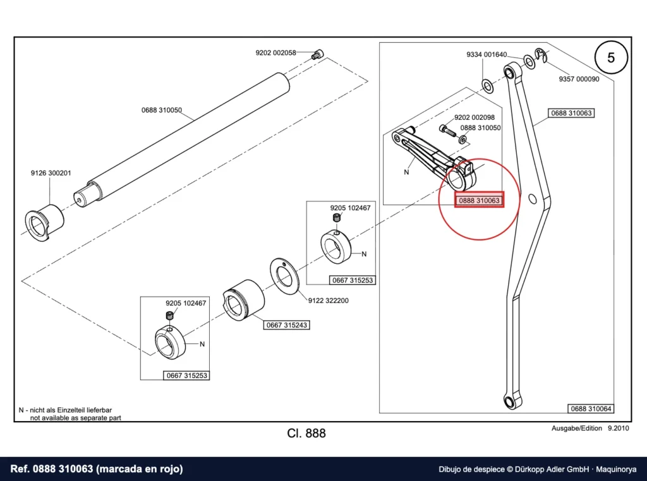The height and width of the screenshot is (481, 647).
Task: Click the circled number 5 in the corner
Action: click(611, 57)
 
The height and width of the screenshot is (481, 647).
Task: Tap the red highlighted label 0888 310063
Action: click(479, 200)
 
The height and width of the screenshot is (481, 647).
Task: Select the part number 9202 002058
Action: click(275, 53)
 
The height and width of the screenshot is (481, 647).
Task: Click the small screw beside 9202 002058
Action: click(318, 54)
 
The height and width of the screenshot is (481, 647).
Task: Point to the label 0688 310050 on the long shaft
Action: click(161, 110)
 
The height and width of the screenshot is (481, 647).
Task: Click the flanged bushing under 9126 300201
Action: click(44, 222)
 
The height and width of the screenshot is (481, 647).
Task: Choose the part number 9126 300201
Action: click(51, 173)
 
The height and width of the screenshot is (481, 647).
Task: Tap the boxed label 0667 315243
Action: click(286, 325)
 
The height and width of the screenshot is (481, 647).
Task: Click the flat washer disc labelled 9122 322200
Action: click(284, 277)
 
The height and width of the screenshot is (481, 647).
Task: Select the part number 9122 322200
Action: click(328, 301)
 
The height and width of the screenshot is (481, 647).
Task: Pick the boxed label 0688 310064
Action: click(591, 408)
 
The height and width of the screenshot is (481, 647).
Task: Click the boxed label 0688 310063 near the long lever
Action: click(571, 113)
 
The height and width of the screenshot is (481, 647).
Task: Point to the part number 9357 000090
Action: click(579, 79)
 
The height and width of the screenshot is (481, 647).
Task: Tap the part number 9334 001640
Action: click(487, 54)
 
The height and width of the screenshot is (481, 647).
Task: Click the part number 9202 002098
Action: click(474, 117)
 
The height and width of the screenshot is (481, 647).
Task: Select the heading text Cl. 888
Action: click(306, 433)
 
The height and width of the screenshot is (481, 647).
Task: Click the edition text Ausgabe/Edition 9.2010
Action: click(590, 428)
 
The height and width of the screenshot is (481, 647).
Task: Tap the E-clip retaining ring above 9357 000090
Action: click(541, 56)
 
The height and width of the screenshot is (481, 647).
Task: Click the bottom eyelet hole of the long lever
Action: click(509, 401)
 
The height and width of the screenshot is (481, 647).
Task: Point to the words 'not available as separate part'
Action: click(76, 417)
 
